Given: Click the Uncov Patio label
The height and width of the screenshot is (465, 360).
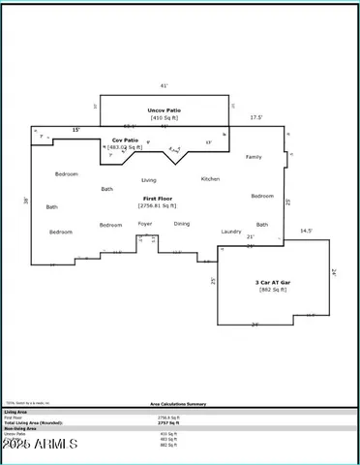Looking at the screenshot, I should coord(164,109).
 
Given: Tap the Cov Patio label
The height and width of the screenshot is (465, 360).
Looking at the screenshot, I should coord(125,139).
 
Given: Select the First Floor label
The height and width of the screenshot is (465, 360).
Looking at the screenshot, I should coord(150,198).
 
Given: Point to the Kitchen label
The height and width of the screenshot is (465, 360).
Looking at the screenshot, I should coord(210,179).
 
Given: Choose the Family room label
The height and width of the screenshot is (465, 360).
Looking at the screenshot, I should coord(254,156).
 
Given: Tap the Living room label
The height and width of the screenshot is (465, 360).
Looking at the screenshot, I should coord(149,180).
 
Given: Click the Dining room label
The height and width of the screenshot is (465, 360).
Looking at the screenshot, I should coord(182,224).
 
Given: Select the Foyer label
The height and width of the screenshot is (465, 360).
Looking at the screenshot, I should coord(145,224).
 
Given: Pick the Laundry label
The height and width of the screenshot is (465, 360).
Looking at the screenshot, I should coord(231,232).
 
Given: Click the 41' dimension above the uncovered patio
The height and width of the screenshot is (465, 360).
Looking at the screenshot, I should coord(164,86).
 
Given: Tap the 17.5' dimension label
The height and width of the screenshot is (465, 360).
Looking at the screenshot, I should coord(256,117).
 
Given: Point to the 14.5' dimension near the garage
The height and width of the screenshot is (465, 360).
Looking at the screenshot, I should coord(307,232).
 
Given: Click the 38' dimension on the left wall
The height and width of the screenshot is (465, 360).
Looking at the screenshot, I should coord(26,201).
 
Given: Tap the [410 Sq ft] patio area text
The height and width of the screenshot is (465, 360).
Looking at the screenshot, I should coord(164,117).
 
